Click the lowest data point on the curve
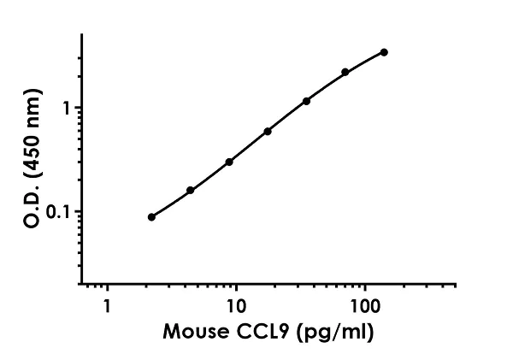[x=151, y=217]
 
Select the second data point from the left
[x=190, y=190]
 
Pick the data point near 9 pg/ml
[x=229, y=162]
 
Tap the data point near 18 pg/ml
[x=268, y=131]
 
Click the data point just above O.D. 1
[x=306, y=101]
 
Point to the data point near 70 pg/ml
[x=345, y=72]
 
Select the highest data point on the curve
[x=384, y=52]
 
